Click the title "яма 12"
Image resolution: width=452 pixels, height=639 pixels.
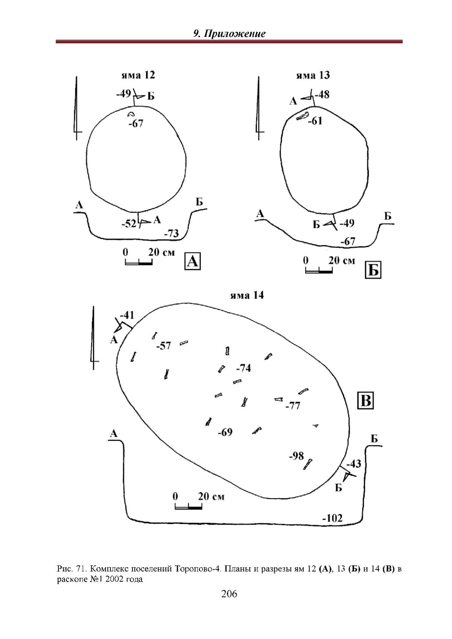(138, 75)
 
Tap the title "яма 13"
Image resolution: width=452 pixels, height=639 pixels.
(313, 75)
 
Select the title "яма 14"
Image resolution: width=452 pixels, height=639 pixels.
(247, 295)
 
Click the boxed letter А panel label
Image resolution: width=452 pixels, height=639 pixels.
(192, 261)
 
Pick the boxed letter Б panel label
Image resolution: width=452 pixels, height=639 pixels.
(373, 270)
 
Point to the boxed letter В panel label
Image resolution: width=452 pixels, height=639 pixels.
(365, 401)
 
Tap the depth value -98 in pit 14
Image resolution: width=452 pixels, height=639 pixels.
(296, 456)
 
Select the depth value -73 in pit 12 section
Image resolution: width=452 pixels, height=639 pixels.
(171, 233)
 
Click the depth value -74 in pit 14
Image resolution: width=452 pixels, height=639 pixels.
(243, 368)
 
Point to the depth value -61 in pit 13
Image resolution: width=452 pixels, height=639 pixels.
(315, 121)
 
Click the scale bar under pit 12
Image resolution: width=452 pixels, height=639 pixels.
(139, 262)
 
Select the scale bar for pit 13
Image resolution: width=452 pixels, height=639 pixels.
(319, 270)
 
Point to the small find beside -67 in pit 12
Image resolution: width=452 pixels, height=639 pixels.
(131, 114)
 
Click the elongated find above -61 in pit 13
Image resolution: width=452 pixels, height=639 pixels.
(302, 116)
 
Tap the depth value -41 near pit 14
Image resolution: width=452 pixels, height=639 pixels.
(127, 315)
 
